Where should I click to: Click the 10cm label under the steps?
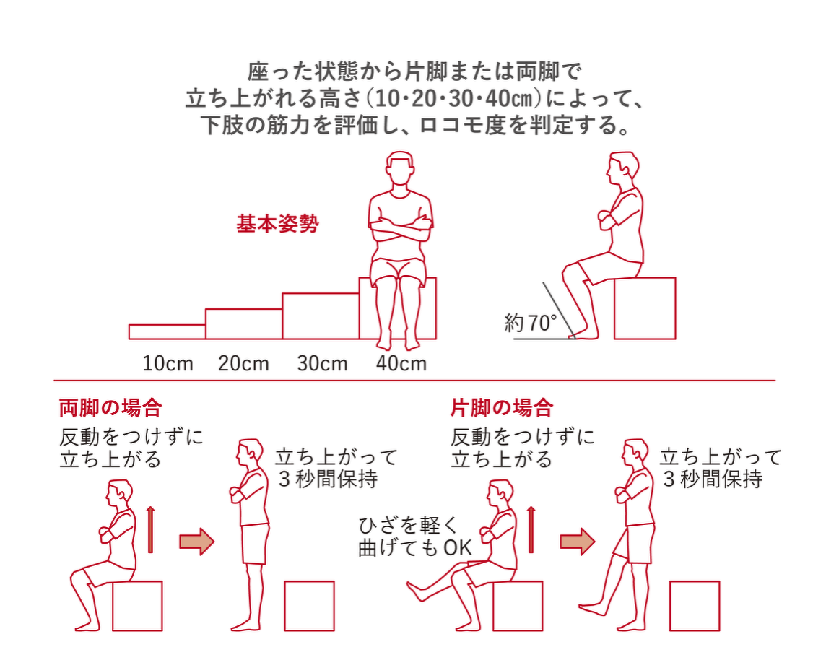[168, 363]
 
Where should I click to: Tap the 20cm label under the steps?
[244, 363]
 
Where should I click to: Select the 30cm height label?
[322, 363]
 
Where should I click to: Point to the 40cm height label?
[401, 363]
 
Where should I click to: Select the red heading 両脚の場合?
[110, 408]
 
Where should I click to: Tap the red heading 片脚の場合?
[502, 408]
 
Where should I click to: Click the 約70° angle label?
[531, 323]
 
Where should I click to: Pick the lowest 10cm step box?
[167, 331]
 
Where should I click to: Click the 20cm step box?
[244, 324]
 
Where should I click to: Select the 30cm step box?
[321, 316]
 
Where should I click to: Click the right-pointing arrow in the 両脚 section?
[196, 541]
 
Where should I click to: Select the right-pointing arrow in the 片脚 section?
[577, 541]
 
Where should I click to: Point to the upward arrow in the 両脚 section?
[150, 529]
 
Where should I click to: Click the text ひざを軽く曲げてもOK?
[414, 537]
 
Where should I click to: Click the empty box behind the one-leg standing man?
[694, 606]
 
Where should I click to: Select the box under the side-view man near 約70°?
[645, 308]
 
